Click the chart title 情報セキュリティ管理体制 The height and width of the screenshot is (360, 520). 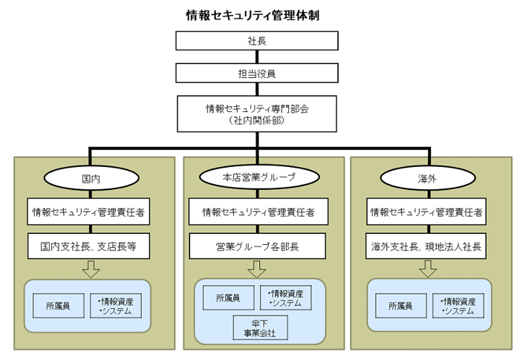[253, 15]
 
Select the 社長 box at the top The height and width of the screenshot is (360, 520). [257, 42]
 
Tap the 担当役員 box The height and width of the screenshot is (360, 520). [257, 73]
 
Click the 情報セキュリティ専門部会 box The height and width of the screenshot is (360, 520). [257, 113]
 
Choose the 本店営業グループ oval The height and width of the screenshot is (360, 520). [259, 178]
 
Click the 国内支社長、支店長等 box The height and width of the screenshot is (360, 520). [91, 245]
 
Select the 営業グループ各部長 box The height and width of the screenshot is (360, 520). [259, 245]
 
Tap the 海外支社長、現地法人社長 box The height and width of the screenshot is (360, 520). [428, 245]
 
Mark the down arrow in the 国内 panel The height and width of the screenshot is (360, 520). [91, 269]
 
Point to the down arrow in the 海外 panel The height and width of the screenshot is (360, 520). [428, 269]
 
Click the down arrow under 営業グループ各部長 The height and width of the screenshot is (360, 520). [259, 268]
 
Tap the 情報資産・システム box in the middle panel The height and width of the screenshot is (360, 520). [285, 298]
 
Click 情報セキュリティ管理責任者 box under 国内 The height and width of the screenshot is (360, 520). [91, 212]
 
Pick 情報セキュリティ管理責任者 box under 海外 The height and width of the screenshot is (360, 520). [428, 212]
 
